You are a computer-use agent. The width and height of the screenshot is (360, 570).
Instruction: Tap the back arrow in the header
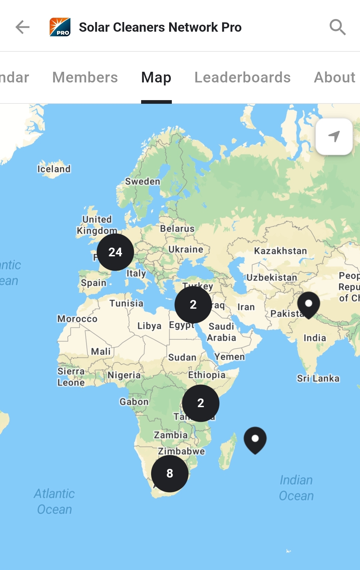point(23,27)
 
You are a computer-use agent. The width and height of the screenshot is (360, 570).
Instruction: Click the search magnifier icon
point(337,27)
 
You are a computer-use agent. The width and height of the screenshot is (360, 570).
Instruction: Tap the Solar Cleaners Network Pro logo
point(60,27)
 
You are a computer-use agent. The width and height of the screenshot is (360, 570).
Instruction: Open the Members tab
point(85,77)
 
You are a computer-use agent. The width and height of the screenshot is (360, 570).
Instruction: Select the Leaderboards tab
point(243,77)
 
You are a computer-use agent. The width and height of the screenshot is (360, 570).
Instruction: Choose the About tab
point(334,77)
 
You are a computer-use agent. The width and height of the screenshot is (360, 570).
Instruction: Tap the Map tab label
point(156,77)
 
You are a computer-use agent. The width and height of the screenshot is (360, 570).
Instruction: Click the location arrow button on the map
point(334,136)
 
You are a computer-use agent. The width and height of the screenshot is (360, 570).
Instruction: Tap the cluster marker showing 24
point(115,252)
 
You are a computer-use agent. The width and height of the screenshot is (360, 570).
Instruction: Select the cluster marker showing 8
point(170,473)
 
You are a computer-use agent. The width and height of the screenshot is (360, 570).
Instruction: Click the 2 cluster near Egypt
point(193,304)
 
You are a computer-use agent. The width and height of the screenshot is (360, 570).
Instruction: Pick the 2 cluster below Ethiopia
point(201,403)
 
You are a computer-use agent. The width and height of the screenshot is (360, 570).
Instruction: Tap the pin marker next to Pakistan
point(309,304)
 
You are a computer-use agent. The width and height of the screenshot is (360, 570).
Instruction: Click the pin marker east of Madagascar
point(255,439)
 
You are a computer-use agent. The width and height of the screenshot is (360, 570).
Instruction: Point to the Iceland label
point(54,169)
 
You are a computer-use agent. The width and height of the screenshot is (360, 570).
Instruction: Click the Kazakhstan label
point(280,251)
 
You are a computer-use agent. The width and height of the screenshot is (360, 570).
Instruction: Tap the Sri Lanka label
point(318,378)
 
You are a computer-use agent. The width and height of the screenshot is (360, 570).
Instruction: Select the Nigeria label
point(124,375)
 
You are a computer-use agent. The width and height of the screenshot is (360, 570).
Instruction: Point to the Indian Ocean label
point(296,488)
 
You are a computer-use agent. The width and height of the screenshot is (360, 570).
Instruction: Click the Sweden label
point(142,182)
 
